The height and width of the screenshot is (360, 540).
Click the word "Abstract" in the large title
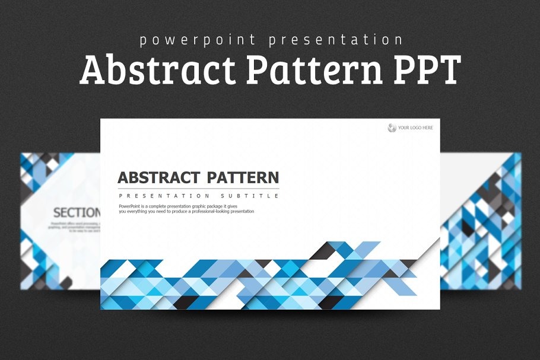(157, 70)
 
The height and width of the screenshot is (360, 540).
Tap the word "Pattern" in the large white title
(314, 70)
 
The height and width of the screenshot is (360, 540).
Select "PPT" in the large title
(427, 70)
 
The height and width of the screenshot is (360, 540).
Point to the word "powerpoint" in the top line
(198, 40)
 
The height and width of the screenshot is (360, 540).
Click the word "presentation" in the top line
(335, 40)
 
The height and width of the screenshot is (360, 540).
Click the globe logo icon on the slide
(392, 128)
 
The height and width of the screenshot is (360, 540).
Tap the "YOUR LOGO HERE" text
(415, 128)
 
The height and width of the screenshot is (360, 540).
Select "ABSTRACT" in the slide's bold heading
(158, 177)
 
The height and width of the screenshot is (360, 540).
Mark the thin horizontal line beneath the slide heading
(198, 188)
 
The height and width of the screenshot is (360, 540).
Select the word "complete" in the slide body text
(161, 206)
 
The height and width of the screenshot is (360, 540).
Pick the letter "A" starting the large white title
(93, 70)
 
